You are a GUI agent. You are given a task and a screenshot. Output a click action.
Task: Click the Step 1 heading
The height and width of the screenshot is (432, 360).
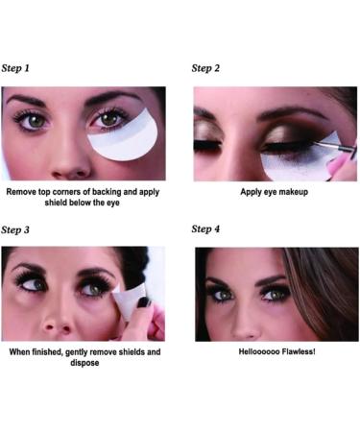[x=15, y=68]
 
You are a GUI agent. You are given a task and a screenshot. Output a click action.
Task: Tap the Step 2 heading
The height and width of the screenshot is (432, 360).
[x=205, y=68]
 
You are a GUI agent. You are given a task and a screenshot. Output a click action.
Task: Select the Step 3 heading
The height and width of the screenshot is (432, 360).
[x=15, y=229]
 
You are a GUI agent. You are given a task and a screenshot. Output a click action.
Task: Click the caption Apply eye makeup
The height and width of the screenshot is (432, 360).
[x=273, y=192]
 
